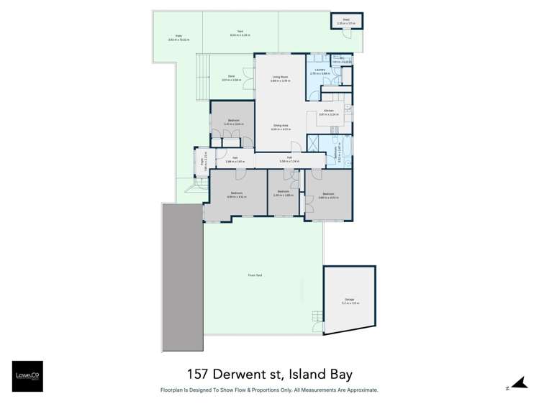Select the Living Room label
280,78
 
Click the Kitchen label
327,111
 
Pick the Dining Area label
280,127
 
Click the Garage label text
349,300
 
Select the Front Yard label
253,275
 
